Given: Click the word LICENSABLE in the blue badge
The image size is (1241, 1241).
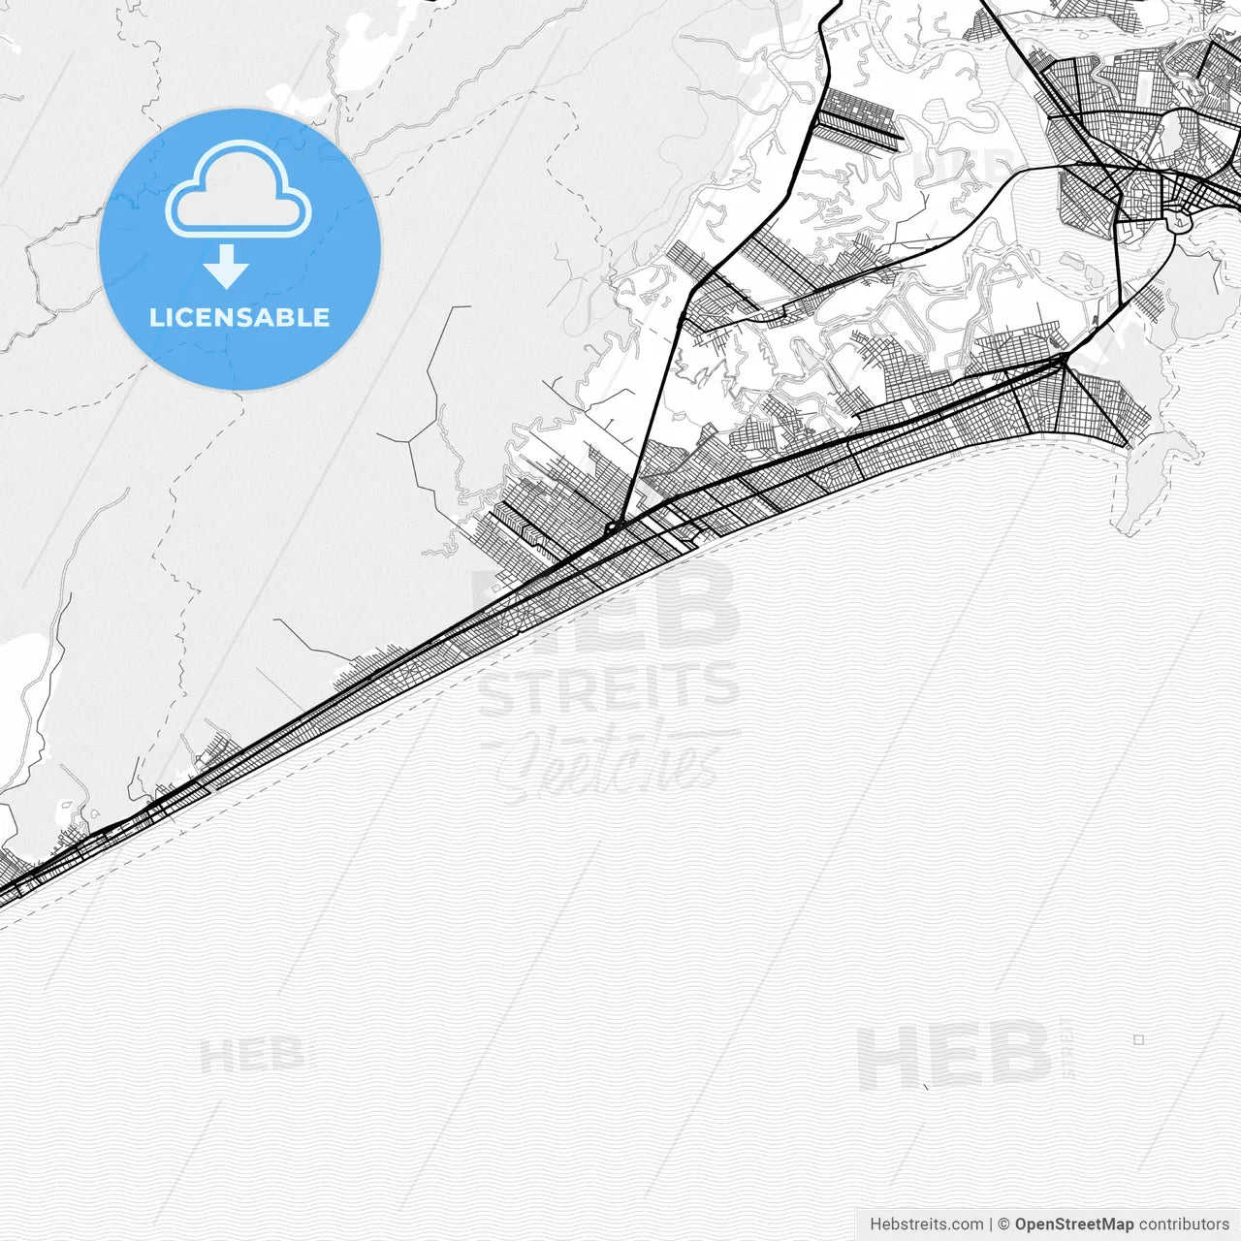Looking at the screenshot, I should (x=239, y=317).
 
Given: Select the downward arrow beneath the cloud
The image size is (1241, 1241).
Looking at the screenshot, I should (x=227, y=266).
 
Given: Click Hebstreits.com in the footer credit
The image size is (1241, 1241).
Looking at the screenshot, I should (x=926, y=1225).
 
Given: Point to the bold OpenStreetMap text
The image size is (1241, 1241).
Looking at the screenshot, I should (x=1074, y=1225).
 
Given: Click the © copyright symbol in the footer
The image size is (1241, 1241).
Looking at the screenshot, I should (x=1004, y=1225).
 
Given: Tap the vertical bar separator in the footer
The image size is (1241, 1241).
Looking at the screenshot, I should (x=991, y=1225).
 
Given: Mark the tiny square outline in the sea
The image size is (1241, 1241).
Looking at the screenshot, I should (x=1139, y=1039).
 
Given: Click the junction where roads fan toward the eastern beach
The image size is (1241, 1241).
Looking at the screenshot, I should (x=1064, y=361).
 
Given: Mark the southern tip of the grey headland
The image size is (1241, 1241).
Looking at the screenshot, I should (x=1127, y=529).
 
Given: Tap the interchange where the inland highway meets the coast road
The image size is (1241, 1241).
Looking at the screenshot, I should (x=613, y=528).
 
